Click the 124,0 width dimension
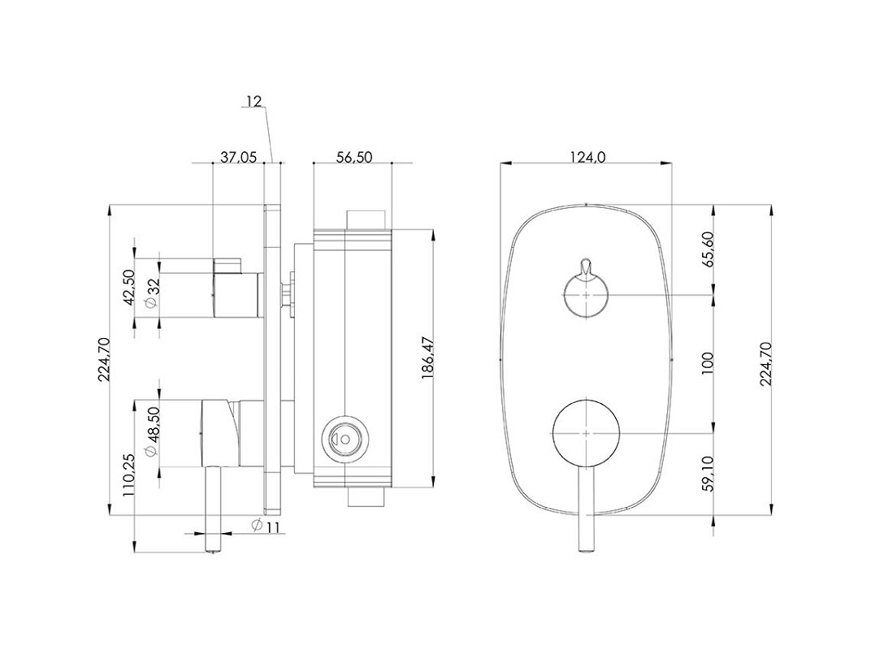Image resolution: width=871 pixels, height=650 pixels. point(587,158)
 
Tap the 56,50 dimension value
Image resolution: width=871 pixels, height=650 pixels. point(353,158)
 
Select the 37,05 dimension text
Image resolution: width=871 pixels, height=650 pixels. point(239,158)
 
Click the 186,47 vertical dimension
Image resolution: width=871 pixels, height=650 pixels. point(427,357)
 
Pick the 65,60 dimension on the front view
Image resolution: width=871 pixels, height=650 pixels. point(708,249)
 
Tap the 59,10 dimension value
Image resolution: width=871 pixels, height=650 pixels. point(708,474)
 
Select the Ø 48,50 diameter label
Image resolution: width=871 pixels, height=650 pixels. point(153,431)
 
